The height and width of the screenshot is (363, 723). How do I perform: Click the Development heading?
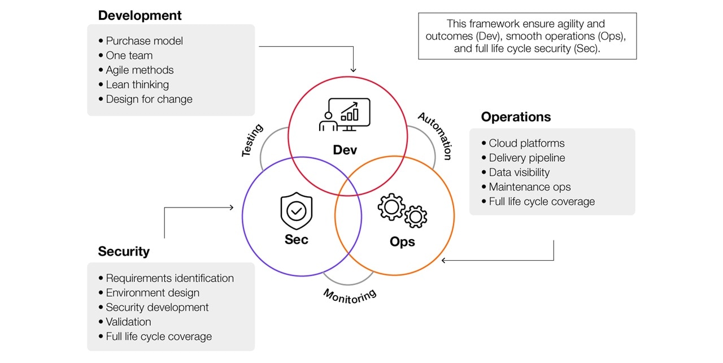coord(140,16)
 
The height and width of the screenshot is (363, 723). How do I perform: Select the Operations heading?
coord(516,117)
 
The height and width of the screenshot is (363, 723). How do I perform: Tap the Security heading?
coord(124,252)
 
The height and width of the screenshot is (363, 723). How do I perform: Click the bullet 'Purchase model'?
coord(144,41)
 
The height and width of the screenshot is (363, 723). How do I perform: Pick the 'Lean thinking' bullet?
coord(137,85)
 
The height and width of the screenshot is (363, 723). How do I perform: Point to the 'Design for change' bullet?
coord(149,100)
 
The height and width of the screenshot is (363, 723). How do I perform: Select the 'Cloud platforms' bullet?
coord(526,144)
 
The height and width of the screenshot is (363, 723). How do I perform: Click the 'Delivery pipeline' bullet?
coord(526,158)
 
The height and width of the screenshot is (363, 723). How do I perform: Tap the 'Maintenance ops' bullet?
coord(529,187)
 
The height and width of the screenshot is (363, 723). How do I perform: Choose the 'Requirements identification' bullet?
coord(169,278)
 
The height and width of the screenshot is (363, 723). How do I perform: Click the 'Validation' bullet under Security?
coord(128,322)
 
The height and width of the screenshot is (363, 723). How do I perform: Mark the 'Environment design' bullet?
coord(153,293)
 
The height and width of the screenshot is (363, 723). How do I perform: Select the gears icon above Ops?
coord(402,211)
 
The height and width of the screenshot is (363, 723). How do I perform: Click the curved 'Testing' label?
coord(252,140)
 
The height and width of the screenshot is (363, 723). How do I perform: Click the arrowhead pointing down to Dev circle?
coord(354,70)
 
